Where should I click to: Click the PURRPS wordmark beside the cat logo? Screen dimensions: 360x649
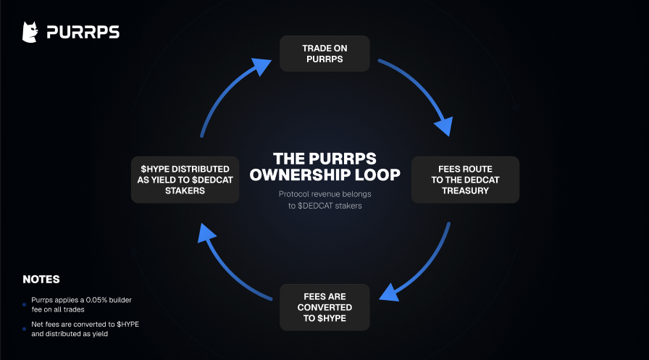(83, 33)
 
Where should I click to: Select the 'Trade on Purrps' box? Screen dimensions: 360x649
(325, 54)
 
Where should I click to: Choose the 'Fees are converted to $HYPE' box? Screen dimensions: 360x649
(325, 307)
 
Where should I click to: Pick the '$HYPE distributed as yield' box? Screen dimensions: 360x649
(185, 180)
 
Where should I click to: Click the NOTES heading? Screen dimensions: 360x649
(41, 280)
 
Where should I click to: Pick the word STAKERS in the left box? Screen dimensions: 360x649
(185, 191)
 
